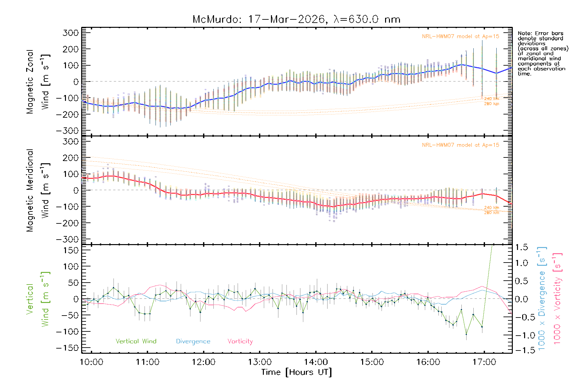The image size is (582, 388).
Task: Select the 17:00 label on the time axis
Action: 484,362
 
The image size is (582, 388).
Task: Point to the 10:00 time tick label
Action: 92,362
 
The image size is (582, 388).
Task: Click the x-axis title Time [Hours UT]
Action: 296,372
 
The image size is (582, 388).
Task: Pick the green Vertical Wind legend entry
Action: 136,341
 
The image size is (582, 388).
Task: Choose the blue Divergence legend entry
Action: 193,341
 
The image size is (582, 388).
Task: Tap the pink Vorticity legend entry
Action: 240,341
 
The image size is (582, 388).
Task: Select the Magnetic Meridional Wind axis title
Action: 38,190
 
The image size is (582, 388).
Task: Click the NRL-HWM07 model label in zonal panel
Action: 460,37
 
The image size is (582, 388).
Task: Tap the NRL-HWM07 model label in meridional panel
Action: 460,145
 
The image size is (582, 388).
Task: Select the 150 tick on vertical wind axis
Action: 70,250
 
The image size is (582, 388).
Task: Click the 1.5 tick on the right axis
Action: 521,247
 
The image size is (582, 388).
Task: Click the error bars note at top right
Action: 543,53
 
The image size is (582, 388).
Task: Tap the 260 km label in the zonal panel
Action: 491,104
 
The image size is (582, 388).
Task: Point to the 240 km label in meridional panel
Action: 491,208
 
